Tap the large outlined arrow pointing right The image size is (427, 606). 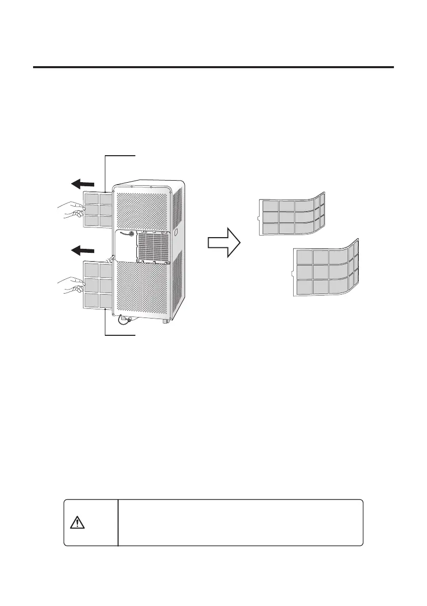click(223, 243)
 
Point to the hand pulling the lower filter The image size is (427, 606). click(70, 284)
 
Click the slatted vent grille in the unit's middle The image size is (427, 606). click(152, 246)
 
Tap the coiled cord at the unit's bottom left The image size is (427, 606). click(124, 321)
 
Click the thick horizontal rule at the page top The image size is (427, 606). click(214, 67)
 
